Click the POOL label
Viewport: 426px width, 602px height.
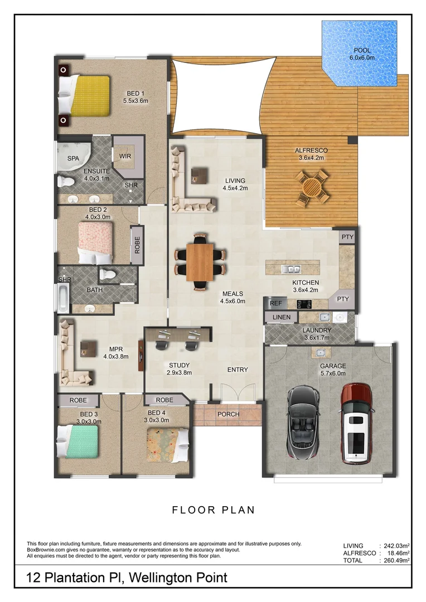click(x=360, y=51)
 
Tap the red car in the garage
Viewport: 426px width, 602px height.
click(x=356, y=424)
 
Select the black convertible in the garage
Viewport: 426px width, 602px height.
click(x=303, y=422)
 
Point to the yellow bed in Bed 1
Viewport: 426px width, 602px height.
click(x=84, y=95)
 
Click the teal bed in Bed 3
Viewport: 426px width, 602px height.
click(x=79, y=442)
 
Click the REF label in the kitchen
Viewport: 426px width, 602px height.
click(x=276, y=304)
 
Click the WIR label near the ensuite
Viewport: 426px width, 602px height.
click(x=125, y=156)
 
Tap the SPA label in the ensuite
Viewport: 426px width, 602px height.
click(x=73, y=158)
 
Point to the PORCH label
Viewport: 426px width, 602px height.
click(x=229, y=414)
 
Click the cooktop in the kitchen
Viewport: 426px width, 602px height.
click(x=304, y=304)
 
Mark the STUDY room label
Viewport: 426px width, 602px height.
click(x=180, y=366)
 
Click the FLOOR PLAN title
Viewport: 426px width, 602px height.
click(x=213, y=509)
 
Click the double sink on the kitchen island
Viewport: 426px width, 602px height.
click(x=291, y=269)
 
